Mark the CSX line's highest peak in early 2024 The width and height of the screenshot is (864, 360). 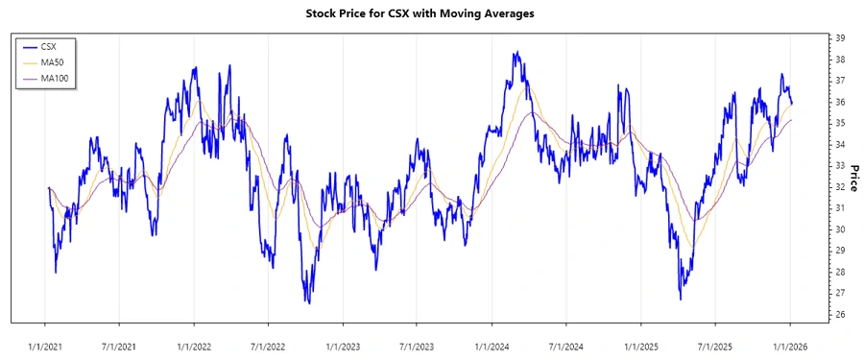[x=516, y=52]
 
